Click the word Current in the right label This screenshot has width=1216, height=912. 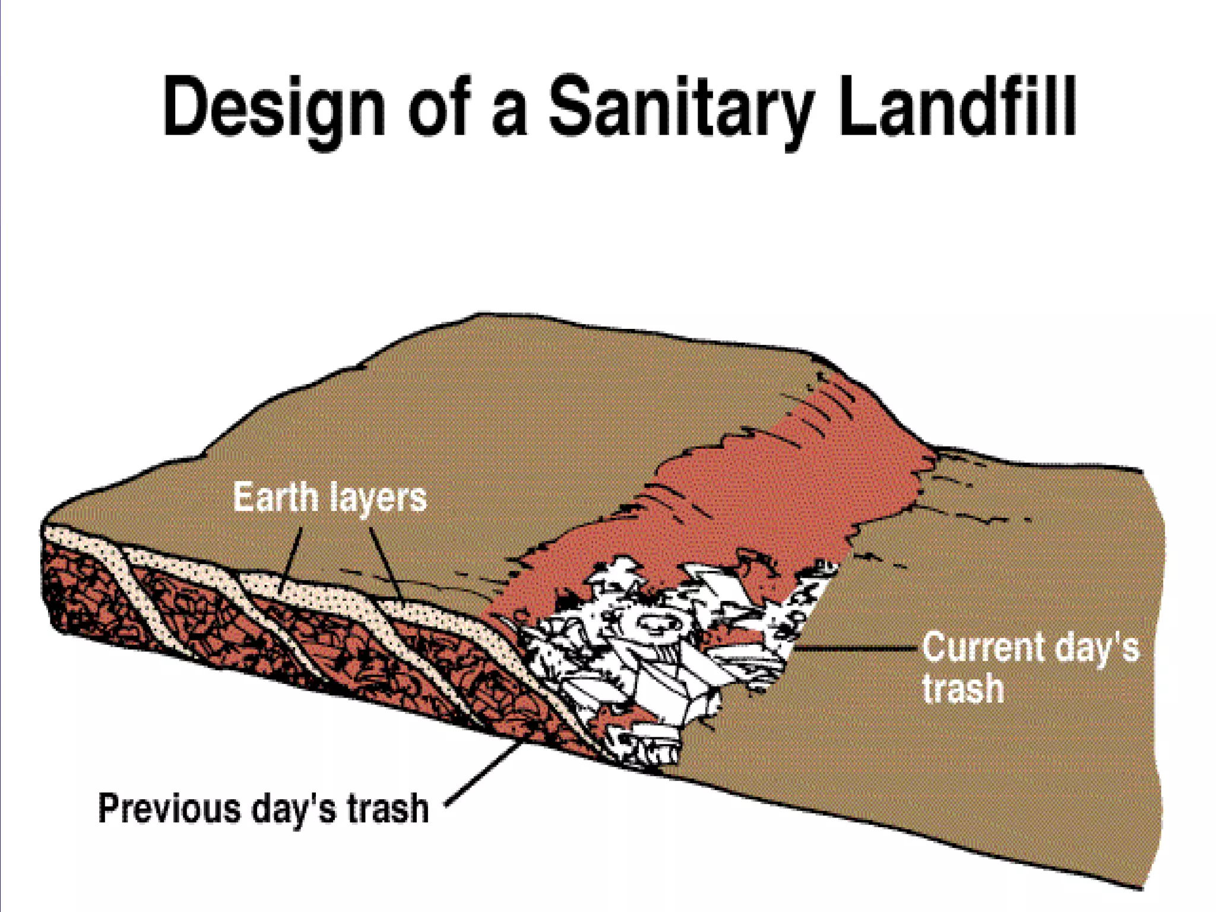pyautogui.click(x=983, y=647)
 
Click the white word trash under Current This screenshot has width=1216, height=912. pyautogui.click(x=962, y=688)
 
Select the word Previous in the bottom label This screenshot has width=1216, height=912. pyautogui.click(x=169, y=808)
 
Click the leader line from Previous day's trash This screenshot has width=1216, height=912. pyautogui.click(x=484, y=772)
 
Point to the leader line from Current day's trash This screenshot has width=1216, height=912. pyautogui.click(x=855, y=649)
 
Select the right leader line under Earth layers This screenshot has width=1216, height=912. pyautogui.click(x=385, y=562)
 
